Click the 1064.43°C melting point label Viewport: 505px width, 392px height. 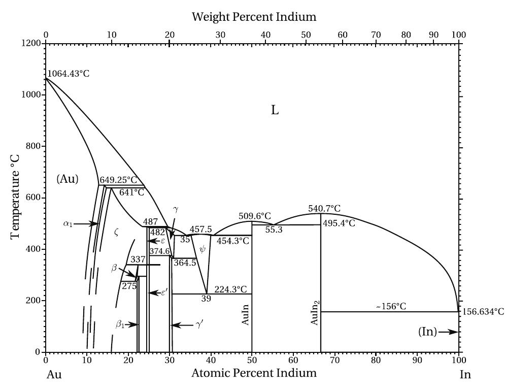(69, 74)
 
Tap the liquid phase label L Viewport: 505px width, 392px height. (275, 110)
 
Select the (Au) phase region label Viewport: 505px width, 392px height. (68, 179)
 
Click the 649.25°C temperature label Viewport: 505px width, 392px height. (118, 180)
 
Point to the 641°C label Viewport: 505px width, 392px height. (131, 192)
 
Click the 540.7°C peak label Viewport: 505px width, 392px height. (324, 209)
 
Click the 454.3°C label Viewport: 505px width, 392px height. (233, 241)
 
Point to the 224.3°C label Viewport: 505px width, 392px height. (230, 290)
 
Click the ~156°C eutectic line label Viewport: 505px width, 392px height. (391, 307)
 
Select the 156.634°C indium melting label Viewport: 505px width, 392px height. (483, 312)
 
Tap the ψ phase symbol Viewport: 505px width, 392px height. (203, 249)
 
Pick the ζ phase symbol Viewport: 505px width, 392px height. (116, 232)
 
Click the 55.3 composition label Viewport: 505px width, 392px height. (274, 230)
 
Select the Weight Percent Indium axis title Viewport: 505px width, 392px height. (254, 17)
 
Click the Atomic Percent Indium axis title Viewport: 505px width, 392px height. (254, 373)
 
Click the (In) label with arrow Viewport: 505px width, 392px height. (428, 332)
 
